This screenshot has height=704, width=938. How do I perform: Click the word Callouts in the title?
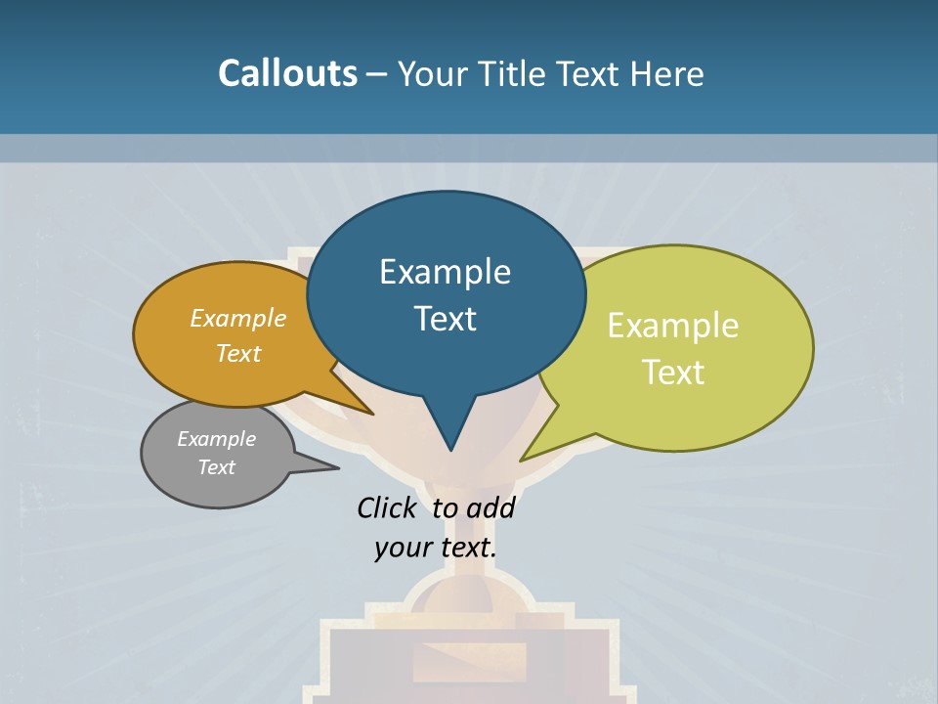(x=287, y=73)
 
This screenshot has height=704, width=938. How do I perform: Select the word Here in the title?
(x=667, y=73)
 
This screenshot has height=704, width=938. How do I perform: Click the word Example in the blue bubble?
(x=445, y=271)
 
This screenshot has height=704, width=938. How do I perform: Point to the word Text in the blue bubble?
(x=445, y=319)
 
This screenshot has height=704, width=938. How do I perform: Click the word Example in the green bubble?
(x=673, y=325)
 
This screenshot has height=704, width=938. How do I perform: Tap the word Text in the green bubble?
(x=673, y=373)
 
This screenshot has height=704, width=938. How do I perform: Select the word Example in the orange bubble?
(x=238, y=318)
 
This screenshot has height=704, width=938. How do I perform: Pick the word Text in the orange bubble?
(x=238, y=353)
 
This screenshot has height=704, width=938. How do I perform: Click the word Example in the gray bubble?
(x=216, y=439)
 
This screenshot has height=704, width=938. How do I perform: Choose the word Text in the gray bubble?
(x=216, y=467)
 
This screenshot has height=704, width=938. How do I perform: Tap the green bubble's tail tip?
(x=522, y=460)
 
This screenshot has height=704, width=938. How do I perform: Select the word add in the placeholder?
(x=490, y=507)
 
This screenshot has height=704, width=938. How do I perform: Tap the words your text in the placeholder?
(x=435, y=548)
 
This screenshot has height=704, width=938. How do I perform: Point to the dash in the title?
(x=377, y=74)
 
